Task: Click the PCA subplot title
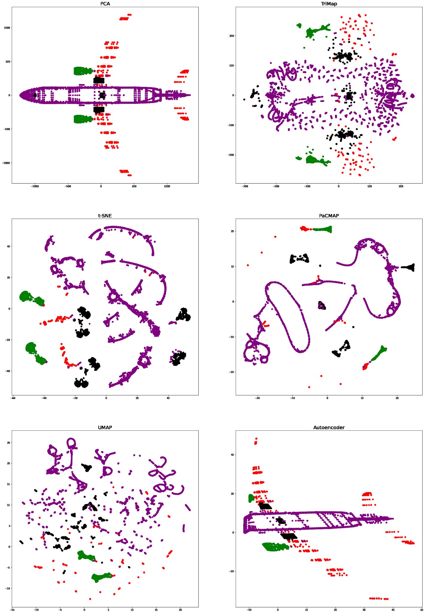click(x=105, y=4)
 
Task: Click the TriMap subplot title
click(x=329, y=4)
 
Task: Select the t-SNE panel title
click(x=105, y=216)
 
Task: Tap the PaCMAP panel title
click(x=329, y=216)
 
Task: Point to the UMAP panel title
click(x=105, y=427)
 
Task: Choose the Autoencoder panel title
click(x=329, y=427)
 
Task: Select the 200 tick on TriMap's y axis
click(x=231, y=36)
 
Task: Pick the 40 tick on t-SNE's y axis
click(x=8, y=246)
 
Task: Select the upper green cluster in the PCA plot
click(x=82, y=71)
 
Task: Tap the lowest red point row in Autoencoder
click(x=379, y=598)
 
